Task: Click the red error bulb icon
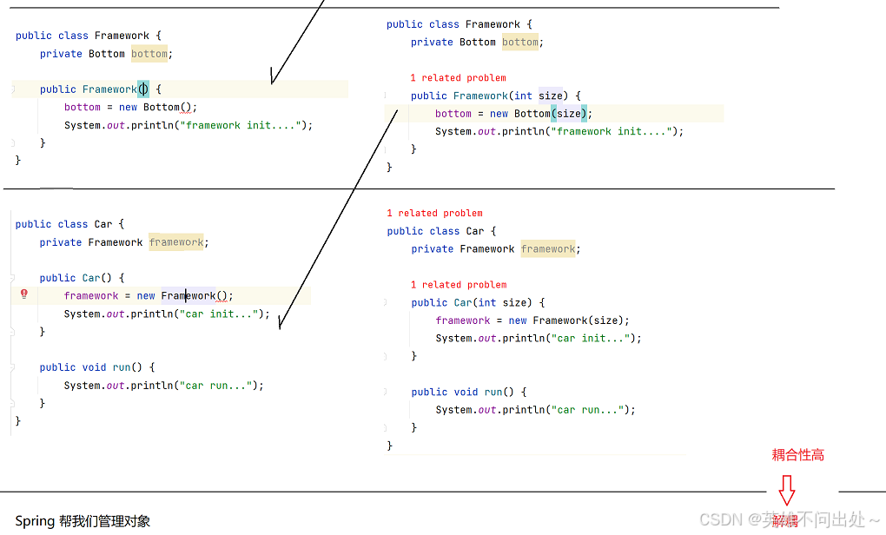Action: (24, 294)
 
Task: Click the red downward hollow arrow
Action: (786, 490)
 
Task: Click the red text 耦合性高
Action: (797, 454)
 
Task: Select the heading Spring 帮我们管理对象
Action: (83, 521)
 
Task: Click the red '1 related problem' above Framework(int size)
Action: (458, 78)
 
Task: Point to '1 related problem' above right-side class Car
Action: (434, 213)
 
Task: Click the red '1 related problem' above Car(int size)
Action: (459, 285)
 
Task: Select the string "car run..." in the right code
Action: (591, 410)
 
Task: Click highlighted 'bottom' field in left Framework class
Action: (149, 54)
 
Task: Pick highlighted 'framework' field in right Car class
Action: (548, 249)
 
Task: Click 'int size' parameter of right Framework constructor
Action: (538, 96)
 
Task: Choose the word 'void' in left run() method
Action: (94, 367)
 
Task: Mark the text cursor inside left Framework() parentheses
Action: (143, 89)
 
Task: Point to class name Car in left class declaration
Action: (103, 224)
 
